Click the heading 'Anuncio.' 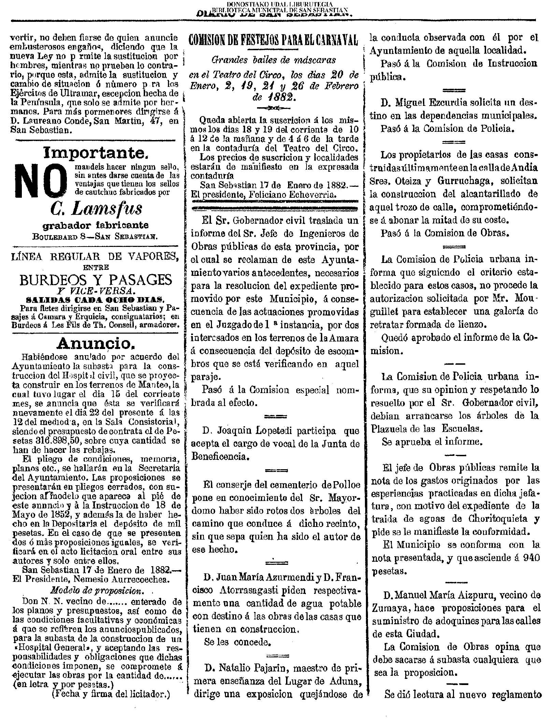pos(94,343)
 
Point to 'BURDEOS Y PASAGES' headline pos(96,280)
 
